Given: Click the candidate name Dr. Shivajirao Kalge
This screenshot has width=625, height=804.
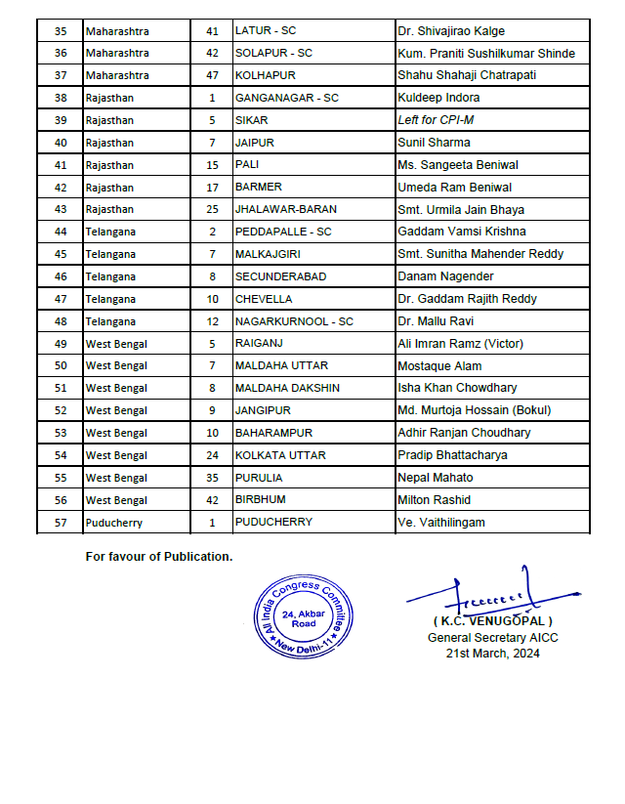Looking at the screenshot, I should tap(450, 31).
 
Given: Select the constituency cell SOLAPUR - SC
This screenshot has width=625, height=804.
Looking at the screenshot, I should tap(273, 53).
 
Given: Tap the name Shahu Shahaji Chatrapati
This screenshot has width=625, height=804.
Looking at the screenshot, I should tap(467, 75).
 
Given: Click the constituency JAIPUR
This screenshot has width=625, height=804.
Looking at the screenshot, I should tap(254, 143).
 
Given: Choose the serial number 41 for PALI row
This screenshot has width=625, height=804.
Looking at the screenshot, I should tap(61, 165).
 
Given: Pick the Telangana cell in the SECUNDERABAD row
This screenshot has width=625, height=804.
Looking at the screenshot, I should tap(110, 276).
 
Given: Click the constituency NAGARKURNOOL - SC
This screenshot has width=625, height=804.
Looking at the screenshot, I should tap(294, 321).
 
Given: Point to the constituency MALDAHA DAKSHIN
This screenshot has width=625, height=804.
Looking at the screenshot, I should tap(287, 388).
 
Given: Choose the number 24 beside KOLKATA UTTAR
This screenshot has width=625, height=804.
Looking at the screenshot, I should tap(212, 455).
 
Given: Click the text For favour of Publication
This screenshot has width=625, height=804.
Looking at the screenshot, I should tap(159, 557).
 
